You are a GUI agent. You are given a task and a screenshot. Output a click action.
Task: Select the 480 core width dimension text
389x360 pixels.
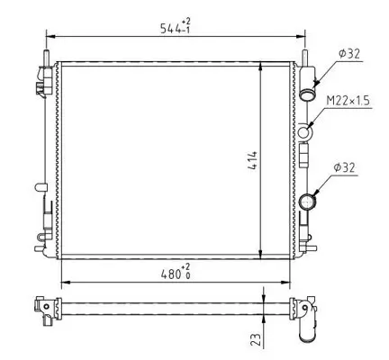tap(171, 271)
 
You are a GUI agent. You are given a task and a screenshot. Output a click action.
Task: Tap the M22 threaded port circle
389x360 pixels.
tap(306, 133)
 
